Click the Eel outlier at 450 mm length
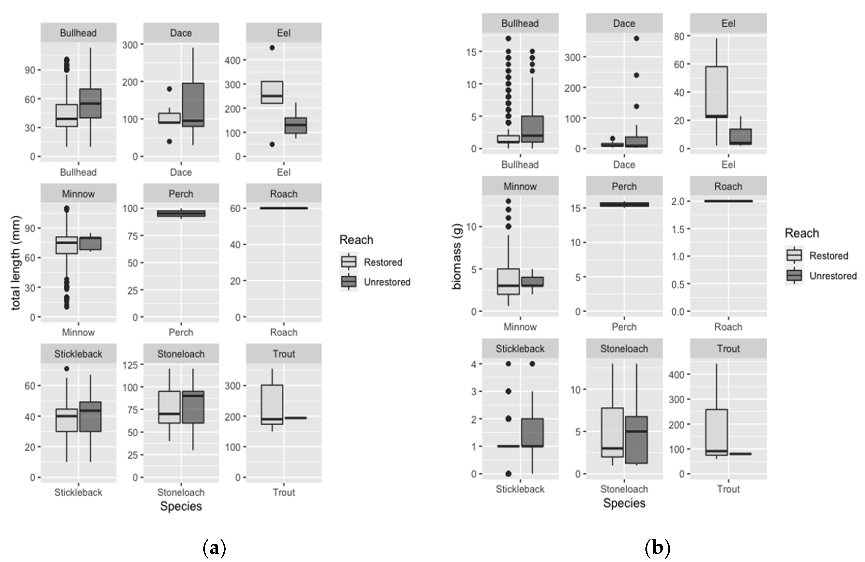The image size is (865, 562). point(272,47)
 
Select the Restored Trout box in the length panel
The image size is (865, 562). point(272,404)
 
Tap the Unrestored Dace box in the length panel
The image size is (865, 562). point(193,105)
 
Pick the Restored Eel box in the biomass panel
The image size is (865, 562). point(716,92)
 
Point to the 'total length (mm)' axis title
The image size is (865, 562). point(16,263)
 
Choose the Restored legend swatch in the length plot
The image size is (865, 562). point(349,262)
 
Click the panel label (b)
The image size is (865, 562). point(657,548)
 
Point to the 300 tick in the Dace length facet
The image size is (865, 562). point(130,45)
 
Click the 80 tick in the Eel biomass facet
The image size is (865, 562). point(678,36)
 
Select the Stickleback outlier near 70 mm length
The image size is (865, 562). point(67,369)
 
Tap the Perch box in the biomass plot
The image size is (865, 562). point(624,204)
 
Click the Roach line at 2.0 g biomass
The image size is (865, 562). point(728,201)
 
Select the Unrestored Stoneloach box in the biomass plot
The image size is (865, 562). point(636,440)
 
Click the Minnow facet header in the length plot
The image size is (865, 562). point(78,193)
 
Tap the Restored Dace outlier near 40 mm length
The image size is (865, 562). point(169,141)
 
